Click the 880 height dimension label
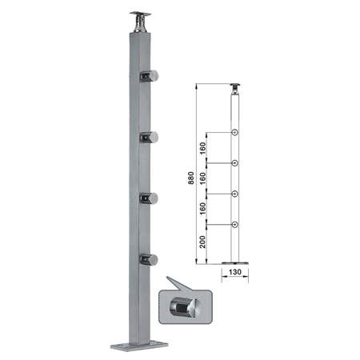click(190, 178)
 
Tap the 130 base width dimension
click(235, 272)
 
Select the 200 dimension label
click(203, 242)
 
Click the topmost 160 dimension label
click(203, 148)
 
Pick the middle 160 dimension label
click(203, 178)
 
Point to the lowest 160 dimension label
click(203, 209)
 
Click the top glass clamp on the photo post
click(150, 76)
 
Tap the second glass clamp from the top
click(150, 138)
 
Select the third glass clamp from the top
click(150, 198)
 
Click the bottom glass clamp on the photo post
click(150, 260)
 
